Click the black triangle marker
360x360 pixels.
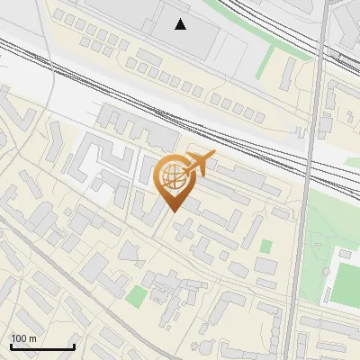click(x=181, y=24)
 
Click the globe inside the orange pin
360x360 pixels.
click(x=173, y=176)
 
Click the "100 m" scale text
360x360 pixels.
click(x=23, y=337)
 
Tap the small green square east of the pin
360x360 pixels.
click(x=265, y=246)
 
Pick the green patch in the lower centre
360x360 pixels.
click(x=135, y=297)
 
